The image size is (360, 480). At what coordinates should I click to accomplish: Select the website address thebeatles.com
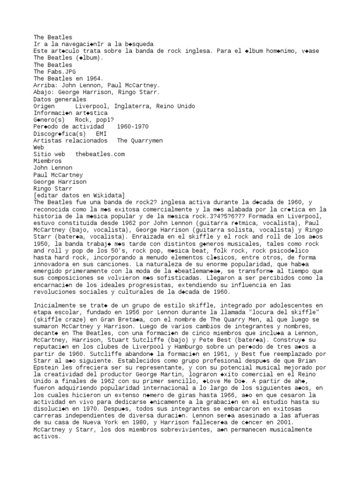coord(100,154)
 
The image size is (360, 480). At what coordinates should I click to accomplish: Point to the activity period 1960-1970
coord(133,127)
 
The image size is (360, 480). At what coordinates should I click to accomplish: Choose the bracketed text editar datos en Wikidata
coord(79,195)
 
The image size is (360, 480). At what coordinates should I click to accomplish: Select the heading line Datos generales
coord(60,99)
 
